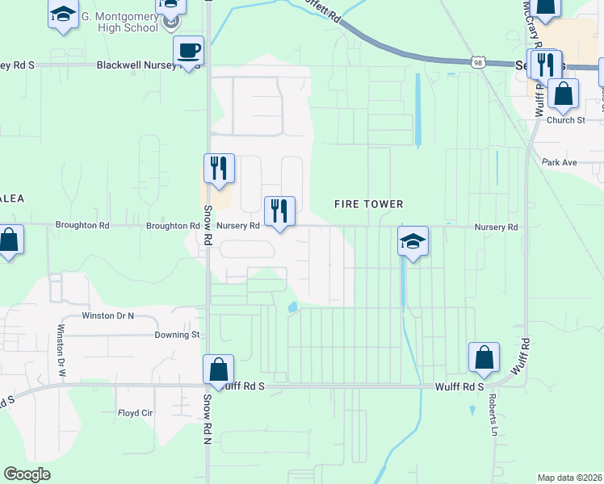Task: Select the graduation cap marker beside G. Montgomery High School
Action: [63, 15]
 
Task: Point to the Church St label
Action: [564, 120]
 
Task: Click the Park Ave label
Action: [560, 162]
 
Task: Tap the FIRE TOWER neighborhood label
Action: [368, 204]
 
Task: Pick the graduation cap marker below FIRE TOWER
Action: [413, 242]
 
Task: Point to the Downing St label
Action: [177, 334]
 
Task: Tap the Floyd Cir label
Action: [136, 412]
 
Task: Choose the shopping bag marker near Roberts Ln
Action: [484, 358]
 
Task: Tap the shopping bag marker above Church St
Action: [563, 95]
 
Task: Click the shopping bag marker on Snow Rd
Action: [218, 371]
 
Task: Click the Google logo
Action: [27, 474]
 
